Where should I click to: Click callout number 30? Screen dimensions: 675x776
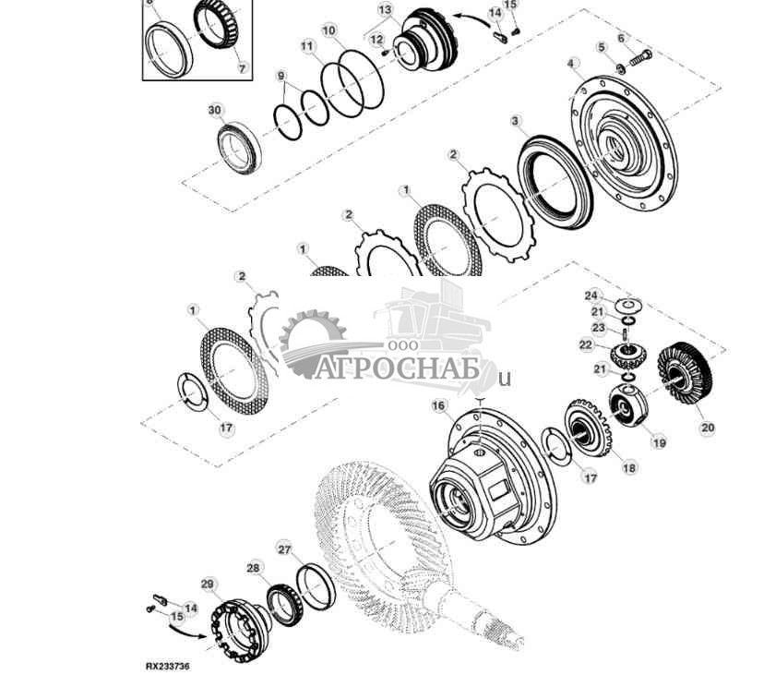(x=214, y=110)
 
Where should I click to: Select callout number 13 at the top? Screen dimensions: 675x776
(x=385, y=9)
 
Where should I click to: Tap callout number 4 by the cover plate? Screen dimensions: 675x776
(x=572, y=64)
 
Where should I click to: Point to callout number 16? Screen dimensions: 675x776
(x=438, y=405)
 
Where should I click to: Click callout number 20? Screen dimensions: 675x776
(x=708, y=428)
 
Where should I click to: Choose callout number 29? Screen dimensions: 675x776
(x=209, y=584)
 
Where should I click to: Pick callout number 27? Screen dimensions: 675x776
(x=284, y=549)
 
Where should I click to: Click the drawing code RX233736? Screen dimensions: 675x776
(x=167, y=665)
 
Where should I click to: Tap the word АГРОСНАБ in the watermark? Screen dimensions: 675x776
(x=405, y=370)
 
